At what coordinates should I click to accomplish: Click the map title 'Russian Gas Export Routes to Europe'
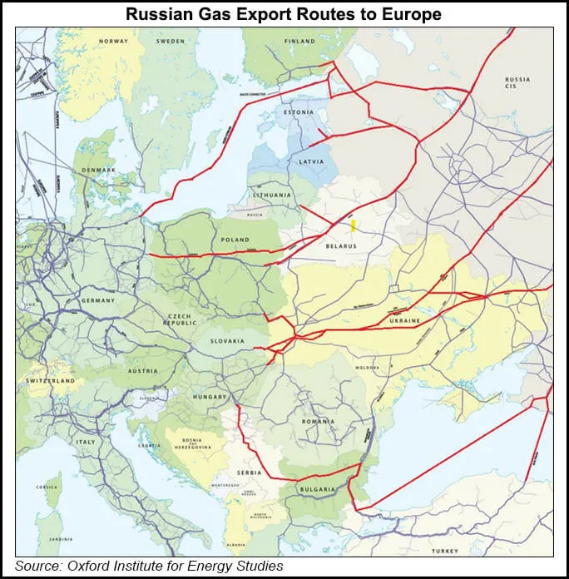coord(284,14)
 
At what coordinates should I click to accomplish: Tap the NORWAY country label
coord(113,41)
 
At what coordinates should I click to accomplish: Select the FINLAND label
coord(299,41)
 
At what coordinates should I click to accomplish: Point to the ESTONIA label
coord(299,112)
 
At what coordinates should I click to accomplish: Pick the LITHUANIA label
coord(273,195)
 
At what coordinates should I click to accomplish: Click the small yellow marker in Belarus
coord(354,225)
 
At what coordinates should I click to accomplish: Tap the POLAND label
coord(235,240)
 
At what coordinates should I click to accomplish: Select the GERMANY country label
coord(75,299)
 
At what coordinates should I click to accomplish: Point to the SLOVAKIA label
coord(227,341)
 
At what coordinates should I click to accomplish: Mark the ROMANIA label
coord(319,421)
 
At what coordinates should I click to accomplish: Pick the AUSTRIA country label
coord(142,371)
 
